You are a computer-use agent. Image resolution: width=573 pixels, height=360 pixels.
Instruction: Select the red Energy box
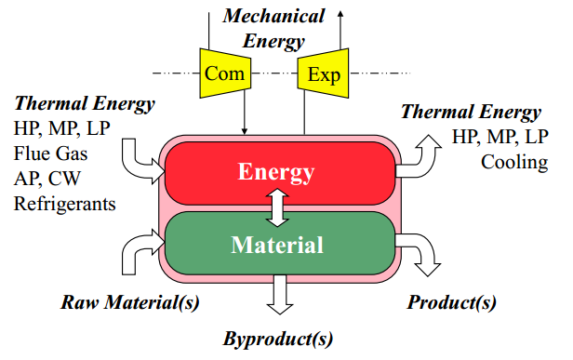[x=276, y=172]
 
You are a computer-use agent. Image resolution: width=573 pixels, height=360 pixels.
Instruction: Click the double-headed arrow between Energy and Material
[x=276, y=208]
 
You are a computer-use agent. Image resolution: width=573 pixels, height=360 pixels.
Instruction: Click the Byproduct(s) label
[x=277, y=338]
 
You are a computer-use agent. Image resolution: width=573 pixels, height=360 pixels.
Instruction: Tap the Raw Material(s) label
[x=130, y=302]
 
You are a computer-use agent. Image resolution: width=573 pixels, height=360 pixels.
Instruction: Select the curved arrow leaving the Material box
[x=420, y=256]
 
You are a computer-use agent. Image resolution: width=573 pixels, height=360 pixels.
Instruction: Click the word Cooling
[x=514, y=162]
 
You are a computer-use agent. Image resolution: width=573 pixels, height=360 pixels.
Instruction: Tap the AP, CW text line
[x=50, y=178]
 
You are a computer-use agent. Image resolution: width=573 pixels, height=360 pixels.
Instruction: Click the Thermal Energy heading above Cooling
[x=470, y=113]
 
